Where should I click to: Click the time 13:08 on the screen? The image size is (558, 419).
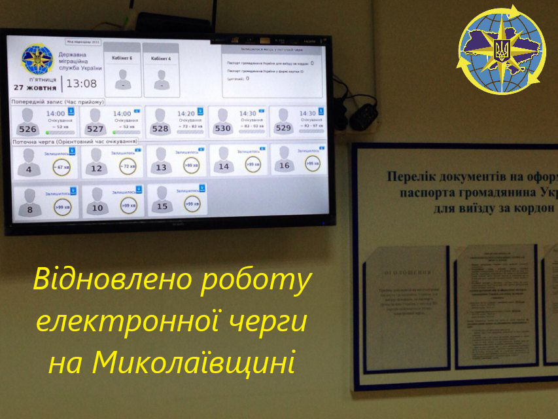point(82,84)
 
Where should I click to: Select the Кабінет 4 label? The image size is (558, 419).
point(161,58)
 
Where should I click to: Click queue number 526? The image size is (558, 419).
point(27,129)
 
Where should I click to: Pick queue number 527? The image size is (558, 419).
point(95,129)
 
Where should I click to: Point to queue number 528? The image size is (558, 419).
point(160,128)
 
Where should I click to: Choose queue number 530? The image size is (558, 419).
point(222,128)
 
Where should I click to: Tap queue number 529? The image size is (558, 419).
point(283,128)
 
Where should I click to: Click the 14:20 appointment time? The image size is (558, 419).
point(186,113)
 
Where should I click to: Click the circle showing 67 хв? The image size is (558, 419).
point(62,166)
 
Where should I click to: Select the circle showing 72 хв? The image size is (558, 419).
point(127,166)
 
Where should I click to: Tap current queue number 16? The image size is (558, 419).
point(284,166)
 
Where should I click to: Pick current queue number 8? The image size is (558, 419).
point(29,209)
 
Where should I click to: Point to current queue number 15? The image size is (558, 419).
point(162,207)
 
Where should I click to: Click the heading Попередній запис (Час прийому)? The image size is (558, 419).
point(58,102)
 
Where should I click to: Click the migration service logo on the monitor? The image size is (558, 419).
point(36,60)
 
